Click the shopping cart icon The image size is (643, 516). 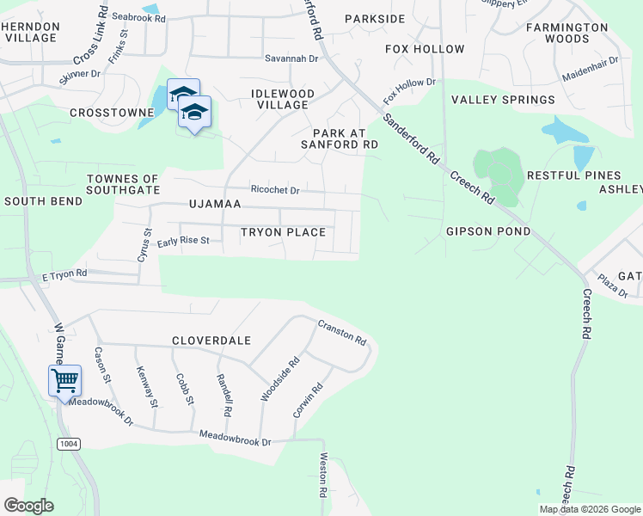point(65,380)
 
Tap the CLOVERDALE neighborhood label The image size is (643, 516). point(211,341)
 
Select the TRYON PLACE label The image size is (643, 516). point(283,232)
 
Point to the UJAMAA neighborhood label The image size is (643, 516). point(215,205)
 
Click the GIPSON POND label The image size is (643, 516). point(488,232)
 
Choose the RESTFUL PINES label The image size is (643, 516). point(573,175)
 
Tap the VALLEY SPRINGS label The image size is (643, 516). point(503,100)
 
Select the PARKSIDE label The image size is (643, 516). point(375,19)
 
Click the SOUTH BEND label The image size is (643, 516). point(43,201)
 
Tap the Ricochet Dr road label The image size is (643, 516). point(275,190)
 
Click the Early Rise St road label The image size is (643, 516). point(183,241)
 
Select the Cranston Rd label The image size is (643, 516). point(342,331)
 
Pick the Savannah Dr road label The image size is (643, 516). point(291,59)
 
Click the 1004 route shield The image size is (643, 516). point(70,444)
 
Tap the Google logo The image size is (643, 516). point(28,506)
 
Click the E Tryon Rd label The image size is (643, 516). point(64,274)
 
